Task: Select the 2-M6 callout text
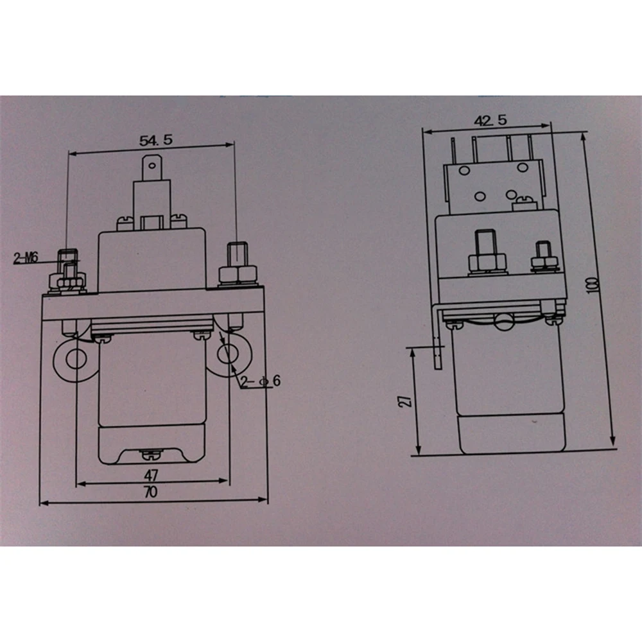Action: click(26, 259)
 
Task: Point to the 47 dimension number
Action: click(150, 475)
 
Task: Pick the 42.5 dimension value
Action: click(490, 120)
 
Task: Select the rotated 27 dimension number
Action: click(404, 401)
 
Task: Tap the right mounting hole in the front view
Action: click(229, 352)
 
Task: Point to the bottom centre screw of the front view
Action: click(151, 455)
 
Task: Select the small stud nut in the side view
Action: click(543, 262)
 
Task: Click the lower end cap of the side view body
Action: click(510, 433)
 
